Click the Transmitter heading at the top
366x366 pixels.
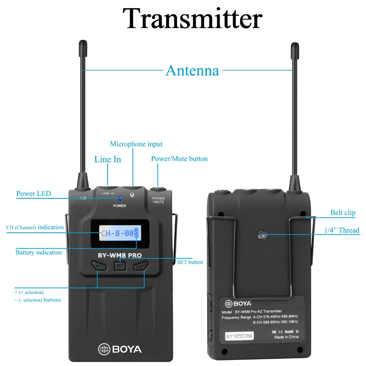coord(192,18)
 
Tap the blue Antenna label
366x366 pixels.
coord(192,70)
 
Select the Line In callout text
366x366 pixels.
coord(108,159)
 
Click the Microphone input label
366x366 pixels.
coord(136,144)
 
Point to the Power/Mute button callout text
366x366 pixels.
coord(179,159)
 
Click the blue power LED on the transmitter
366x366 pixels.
coord(120,198)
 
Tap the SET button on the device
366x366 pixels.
coord(120,266)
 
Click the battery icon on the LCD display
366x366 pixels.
coord(137,233)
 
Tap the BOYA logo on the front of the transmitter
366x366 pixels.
coord(120,348)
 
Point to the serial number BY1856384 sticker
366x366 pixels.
coord(239,336)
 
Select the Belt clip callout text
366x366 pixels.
coord(343,213)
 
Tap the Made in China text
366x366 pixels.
coord(287,337)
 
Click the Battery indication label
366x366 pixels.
coord(38,253)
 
